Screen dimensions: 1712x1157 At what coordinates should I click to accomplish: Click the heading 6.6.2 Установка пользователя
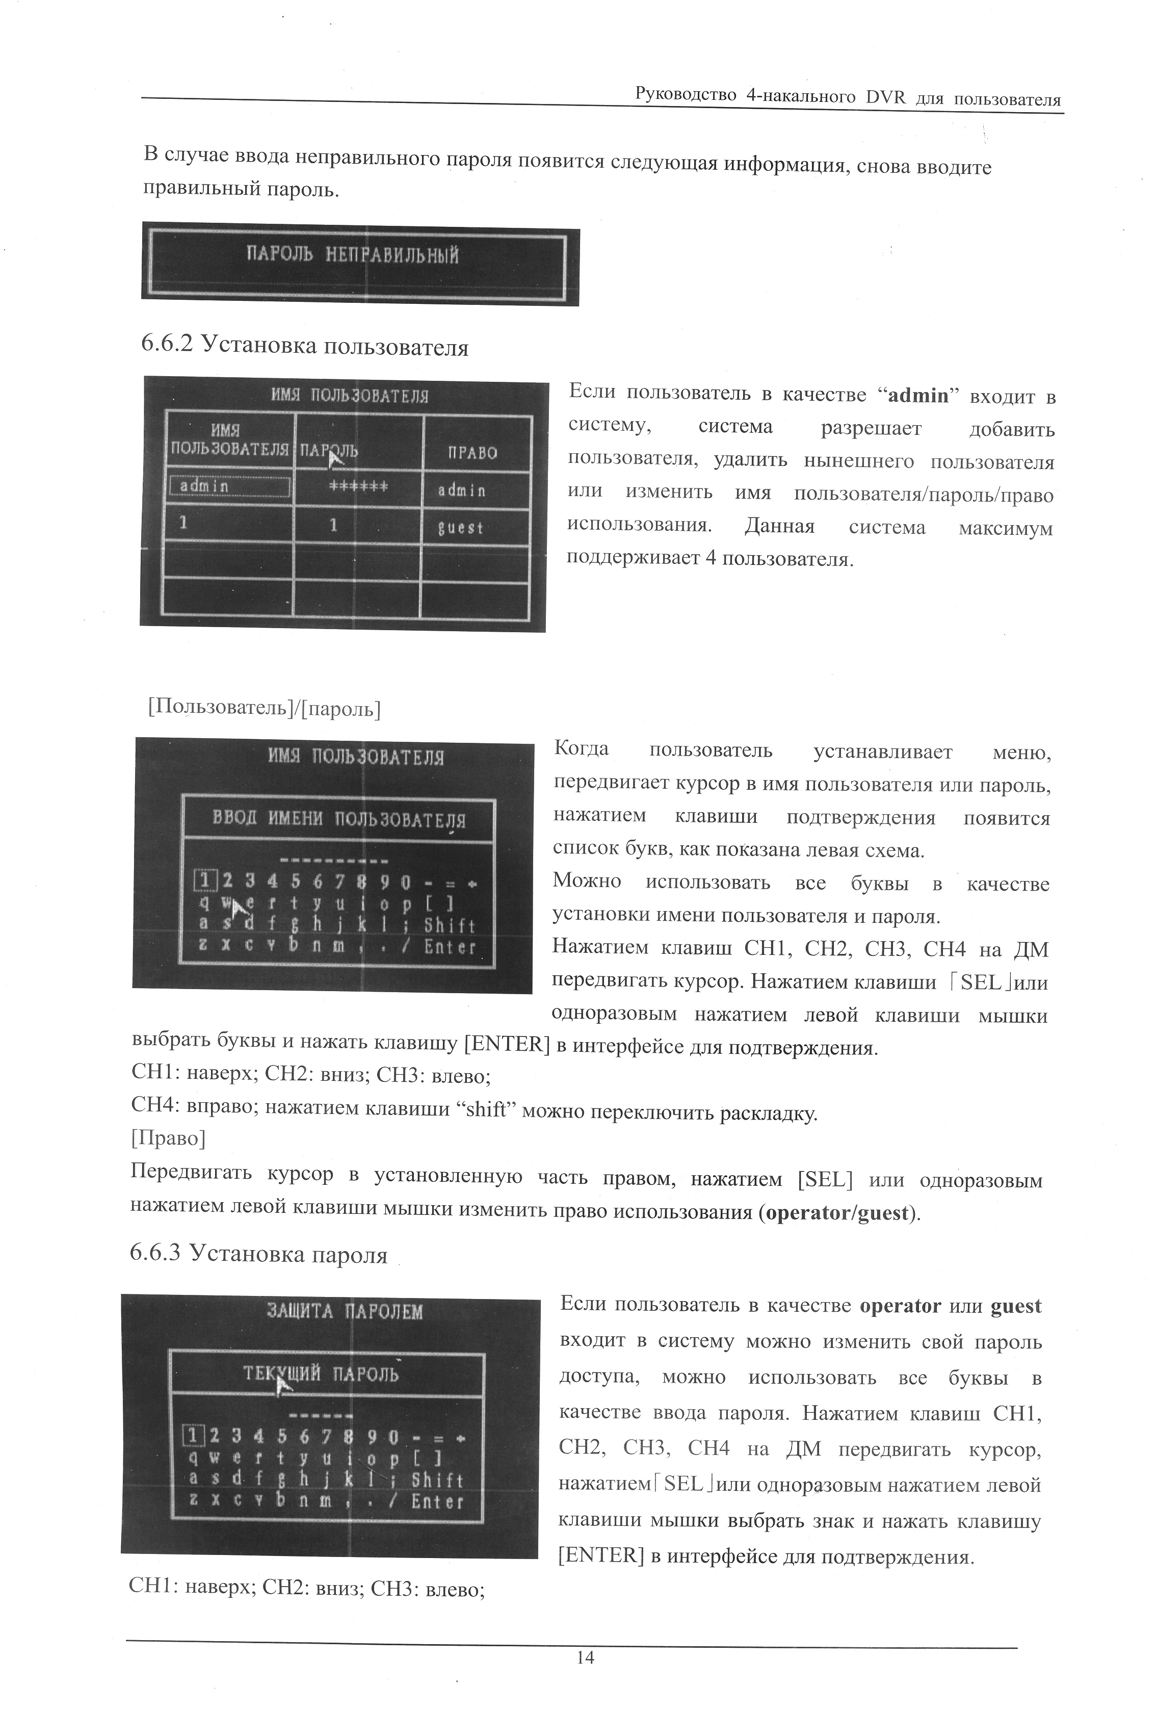[304, 346]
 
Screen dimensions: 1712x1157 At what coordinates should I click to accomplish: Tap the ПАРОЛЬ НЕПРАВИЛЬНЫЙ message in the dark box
[352, 255]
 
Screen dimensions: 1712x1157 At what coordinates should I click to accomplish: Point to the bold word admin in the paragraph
[918, 396]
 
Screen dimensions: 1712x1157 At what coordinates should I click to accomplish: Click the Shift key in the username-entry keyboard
[449, 925]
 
